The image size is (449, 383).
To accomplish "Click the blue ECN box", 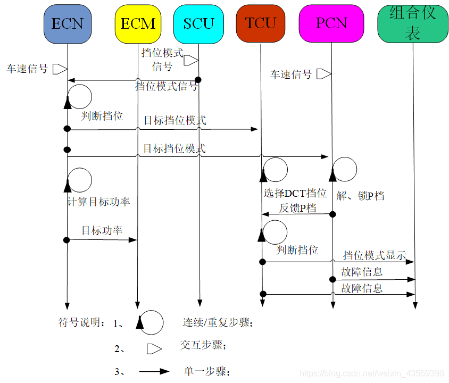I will (68, 23).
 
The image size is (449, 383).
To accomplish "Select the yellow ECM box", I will (138, 23).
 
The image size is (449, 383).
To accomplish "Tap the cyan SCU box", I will (198, 23).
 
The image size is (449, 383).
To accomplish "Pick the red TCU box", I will (261, 23).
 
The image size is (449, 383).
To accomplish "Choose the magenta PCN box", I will (331, 23).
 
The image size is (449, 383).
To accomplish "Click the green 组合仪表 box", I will (413, 23).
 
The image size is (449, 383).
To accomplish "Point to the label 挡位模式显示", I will (375, 255).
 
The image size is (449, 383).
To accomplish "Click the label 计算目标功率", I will (98, 202).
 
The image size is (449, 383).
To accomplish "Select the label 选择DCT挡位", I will (295, 193).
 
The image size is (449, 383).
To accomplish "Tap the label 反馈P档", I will (298, 208).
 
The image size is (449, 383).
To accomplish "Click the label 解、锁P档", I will (361, 196).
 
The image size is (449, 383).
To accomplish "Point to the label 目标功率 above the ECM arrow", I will (102, 231).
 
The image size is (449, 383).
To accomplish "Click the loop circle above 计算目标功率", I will (79, 180).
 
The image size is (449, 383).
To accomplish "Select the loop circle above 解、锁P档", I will (344, 169).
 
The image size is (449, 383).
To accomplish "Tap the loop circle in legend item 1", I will (151, 322).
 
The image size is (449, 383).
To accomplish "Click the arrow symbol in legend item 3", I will (154, 371).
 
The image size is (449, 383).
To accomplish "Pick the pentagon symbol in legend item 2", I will (154, 349).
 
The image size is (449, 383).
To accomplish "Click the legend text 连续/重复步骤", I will (218, 322).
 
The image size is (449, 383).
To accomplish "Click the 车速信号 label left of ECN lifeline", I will (27, 69).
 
